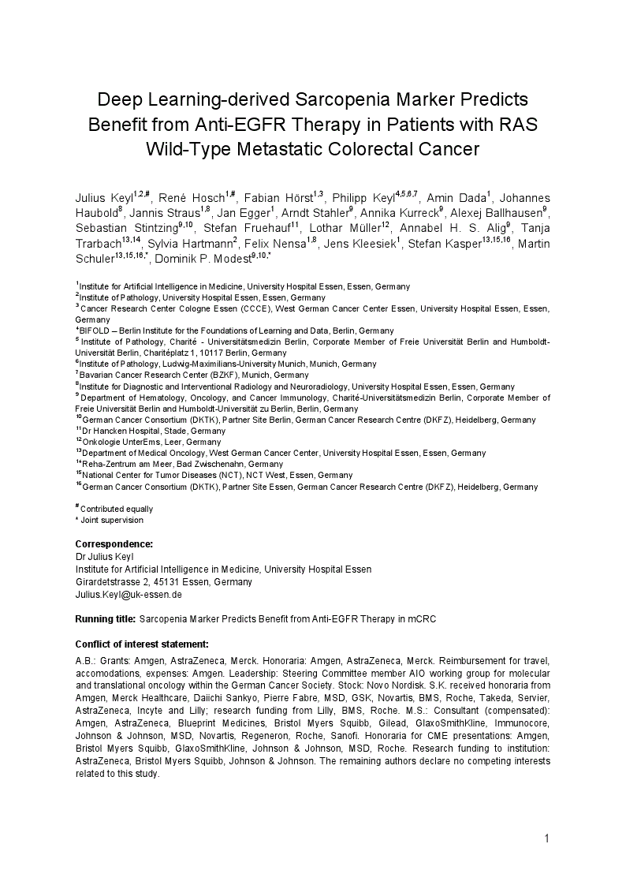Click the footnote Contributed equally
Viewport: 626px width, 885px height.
[117, 510]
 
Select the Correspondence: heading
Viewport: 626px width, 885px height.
[114, 544]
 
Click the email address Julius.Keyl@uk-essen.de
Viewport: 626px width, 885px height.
[129, 595]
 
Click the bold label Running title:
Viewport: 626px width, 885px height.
[106, 619]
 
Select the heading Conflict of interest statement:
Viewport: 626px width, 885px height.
[142, 644]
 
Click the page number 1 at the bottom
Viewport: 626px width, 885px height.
[546, 838]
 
